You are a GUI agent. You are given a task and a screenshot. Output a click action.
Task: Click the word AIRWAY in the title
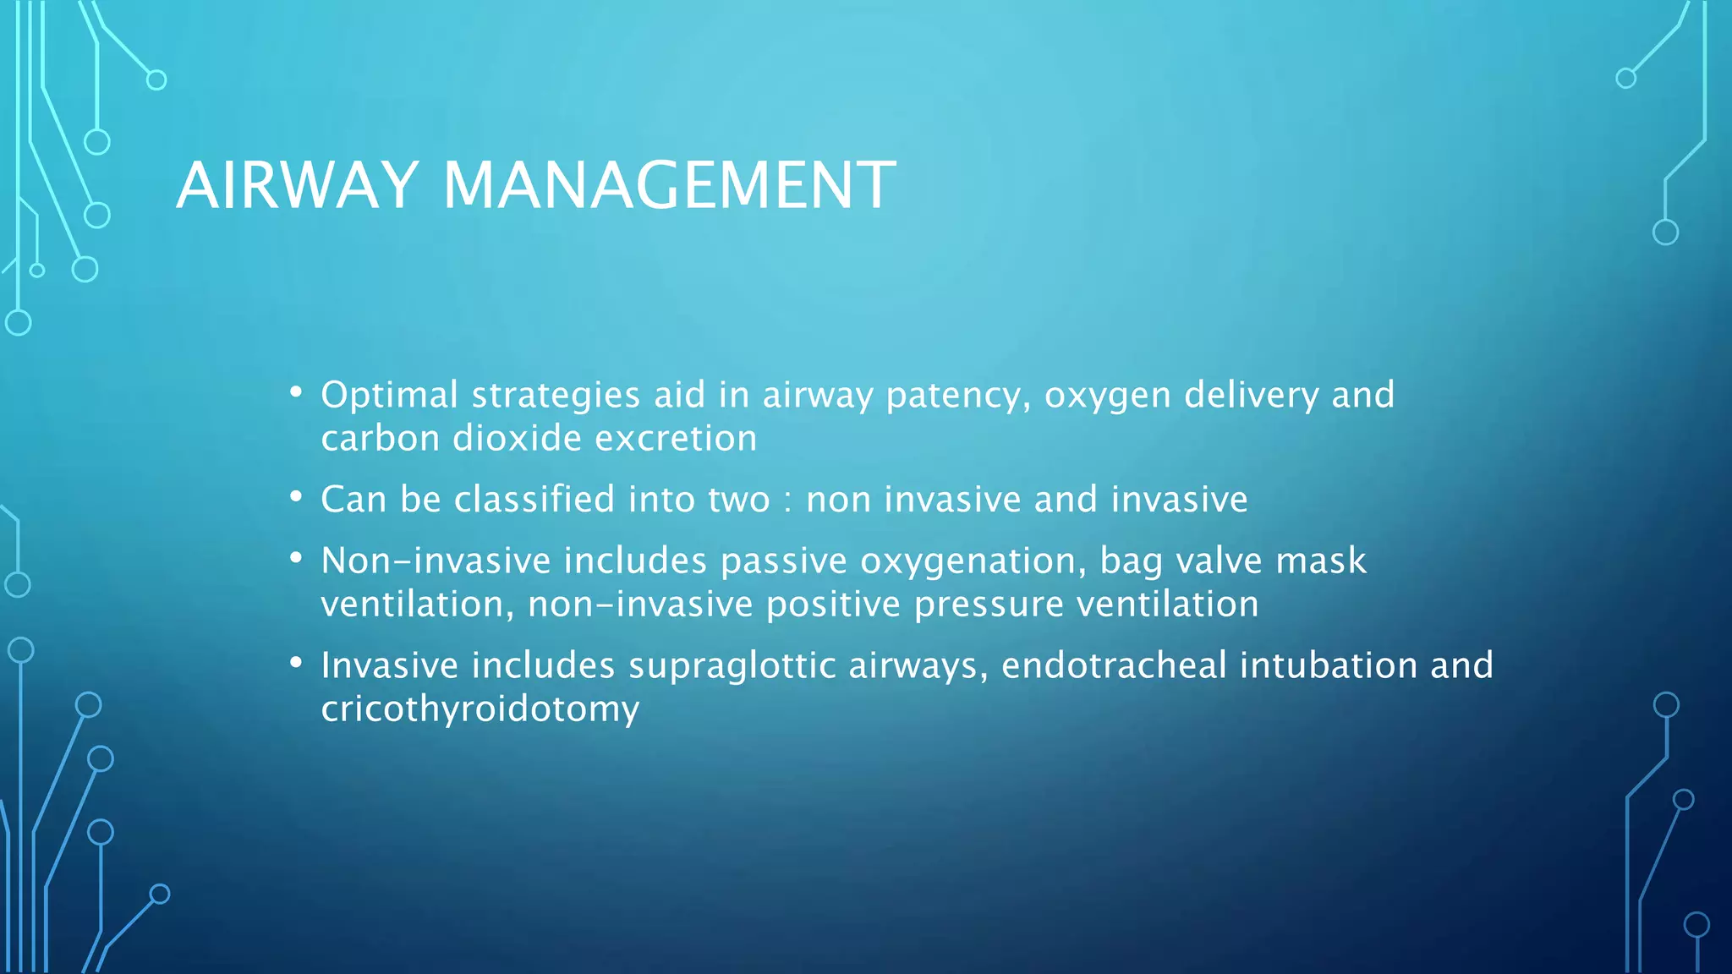pos(297,185)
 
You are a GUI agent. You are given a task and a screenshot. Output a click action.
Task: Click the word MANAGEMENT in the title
pos(668,185)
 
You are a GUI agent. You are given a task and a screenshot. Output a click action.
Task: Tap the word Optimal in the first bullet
pos(389,396)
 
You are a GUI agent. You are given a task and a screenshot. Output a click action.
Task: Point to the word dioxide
pos(517,439)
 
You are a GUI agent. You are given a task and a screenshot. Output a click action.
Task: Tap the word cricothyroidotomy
pos(480,709)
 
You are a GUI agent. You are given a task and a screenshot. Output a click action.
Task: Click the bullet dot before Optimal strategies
pos(295,392)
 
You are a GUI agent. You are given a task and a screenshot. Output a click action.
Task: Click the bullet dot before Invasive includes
pos(295,663)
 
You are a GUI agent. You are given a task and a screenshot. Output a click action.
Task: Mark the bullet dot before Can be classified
pos(295,497)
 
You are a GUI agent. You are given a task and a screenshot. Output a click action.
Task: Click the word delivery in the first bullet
pos(1251,396)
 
